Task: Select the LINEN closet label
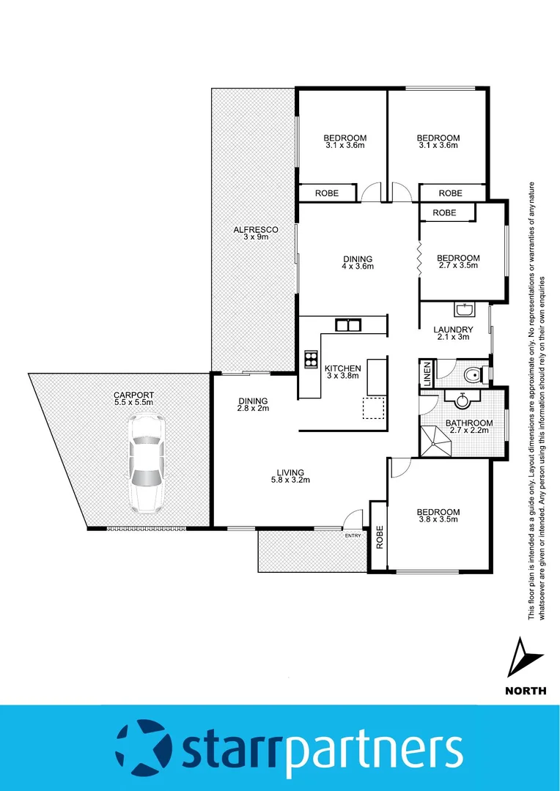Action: coord(427,374)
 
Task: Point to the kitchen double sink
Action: coord(347,324)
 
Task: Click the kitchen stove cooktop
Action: coord(310,360)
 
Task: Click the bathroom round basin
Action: coord(463,401)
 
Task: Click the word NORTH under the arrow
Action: coord(526,690)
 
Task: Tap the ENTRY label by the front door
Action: coord(353,535)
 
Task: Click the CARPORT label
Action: coord(134,394)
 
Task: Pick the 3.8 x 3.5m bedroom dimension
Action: coord(438,520)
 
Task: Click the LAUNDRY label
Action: coord(453,330)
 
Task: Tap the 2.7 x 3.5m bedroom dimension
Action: coord(458,267)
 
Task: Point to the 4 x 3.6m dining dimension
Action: coord(358,267)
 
